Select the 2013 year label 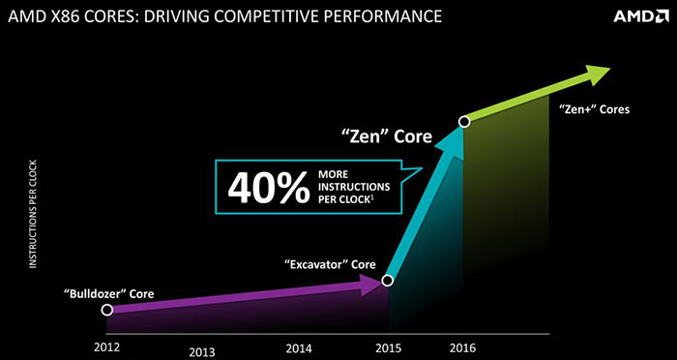coord(202,352)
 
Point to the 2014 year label coord(298,347)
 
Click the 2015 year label coord(388,347)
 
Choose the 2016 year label coord(463,347)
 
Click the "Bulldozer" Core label coord(108,294)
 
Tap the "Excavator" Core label coord(330,263)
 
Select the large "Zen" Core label coord(386,135)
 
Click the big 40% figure coord(269,187)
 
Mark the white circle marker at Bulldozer coord(106,310)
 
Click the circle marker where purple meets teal coord(387,281)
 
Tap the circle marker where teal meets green coord(464,122)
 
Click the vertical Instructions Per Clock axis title coord(33,214)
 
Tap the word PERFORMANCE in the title coord(379,16)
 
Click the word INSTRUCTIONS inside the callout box coord(354,187)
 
